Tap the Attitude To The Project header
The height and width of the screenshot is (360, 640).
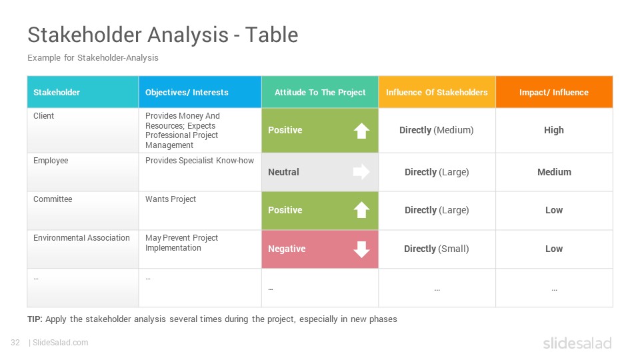(x=320, y=92)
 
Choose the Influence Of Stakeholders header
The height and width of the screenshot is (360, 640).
(x=437, y=92)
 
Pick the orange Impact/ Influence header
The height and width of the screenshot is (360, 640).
(x=554, y=92)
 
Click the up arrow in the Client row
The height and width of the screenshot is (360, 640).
(x=361, y=131)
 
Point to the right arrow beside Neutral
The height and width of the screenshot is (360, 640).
(x=361, y=172)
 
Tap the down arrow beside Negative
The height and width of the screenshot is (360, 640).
(x=361, y=249)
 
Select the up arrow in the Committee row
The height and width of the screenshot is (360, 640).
(x=361, y=210)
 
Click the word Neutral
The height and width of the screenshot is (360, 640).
(x=284, y=172)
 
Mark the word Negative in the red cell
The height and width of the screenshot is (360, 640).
(x=287, y=249)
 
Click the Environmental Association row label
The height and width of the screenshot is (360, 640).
(x=81, y=237)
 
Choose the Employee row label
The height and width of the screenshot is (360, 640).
(x=51, y=161)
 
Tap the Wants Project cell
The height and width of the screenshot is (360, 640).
(x=171, y=199)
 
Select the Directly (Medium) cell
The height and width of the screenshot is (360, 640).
(x=436, y=130)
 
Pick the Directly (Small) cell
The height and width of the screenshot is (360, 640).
(x=436, y=249)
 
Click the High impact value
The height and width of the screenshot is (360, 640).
(x=554, y=130)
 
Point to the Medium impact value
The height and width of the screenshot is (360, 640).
(x=554, y=172)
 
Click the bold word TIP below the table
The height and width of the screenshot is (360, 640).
(x=35, y=319)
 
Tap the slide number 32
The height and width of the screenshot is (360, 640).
(x=15, y=343)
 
